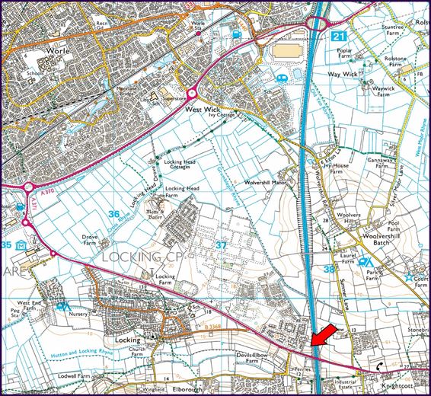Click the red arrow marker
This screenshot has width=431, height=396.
[322, 335]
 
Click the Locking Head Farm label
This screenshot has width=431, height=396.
[182, 193]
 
